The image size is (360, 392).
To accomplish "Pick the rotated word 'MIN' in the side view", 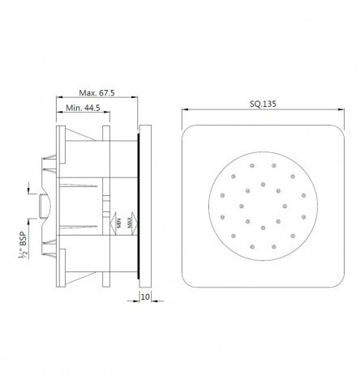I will [118, 221].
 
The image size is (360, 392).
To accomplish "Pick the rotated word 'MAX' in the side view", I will [131, 221].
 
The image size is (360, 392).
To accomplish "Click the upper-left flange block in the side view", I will [59, 143].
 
